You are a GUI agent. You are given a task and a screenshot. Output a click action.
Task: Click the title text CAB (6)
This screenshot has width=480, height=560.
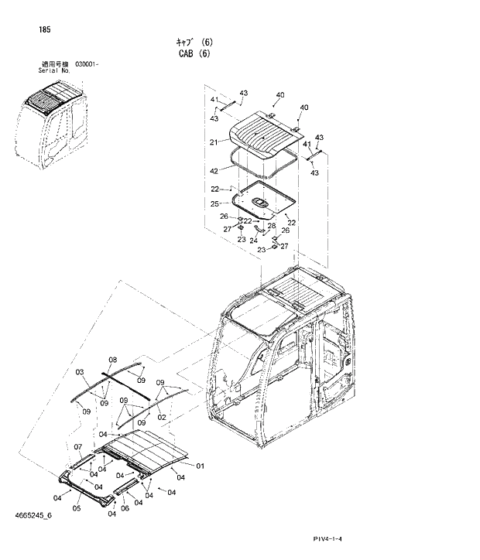pyautogui.click(x=194, y=53)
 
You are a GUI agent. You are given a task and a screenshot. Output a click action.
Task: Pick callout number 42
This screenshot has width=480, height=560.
pyautogui.click(x=214, y=169)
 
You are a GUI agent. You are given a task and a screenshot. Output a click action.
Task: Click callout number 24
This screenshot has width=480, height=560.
pyautogui.click(x=253, y=241)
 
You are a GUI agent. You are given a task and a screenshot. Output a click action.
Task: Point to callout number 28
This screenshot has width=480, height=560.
pyautogui.click(x=272, y=226)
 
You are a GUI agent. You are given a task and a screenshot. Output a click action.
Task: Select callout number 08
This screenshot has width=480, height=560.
pyautogui.click(x=112, y=360)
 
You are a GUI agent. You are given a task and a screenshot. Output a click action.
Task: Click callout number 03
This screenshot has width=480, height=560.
pyautogui.click(x=80, y=372)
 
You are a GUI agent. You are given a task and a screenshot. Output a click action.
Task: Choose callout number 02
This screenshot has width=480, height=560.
pyautogui.click(x=163, y=417)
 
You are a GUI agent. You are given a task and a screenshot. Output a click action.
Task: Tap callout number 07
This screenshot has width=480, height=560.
pyautogui.click(x=77, y=448)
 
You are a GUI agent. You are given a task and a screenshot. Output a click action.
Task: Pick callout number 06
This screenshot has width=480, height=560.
pyautogui.click(x=125, y=500)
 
